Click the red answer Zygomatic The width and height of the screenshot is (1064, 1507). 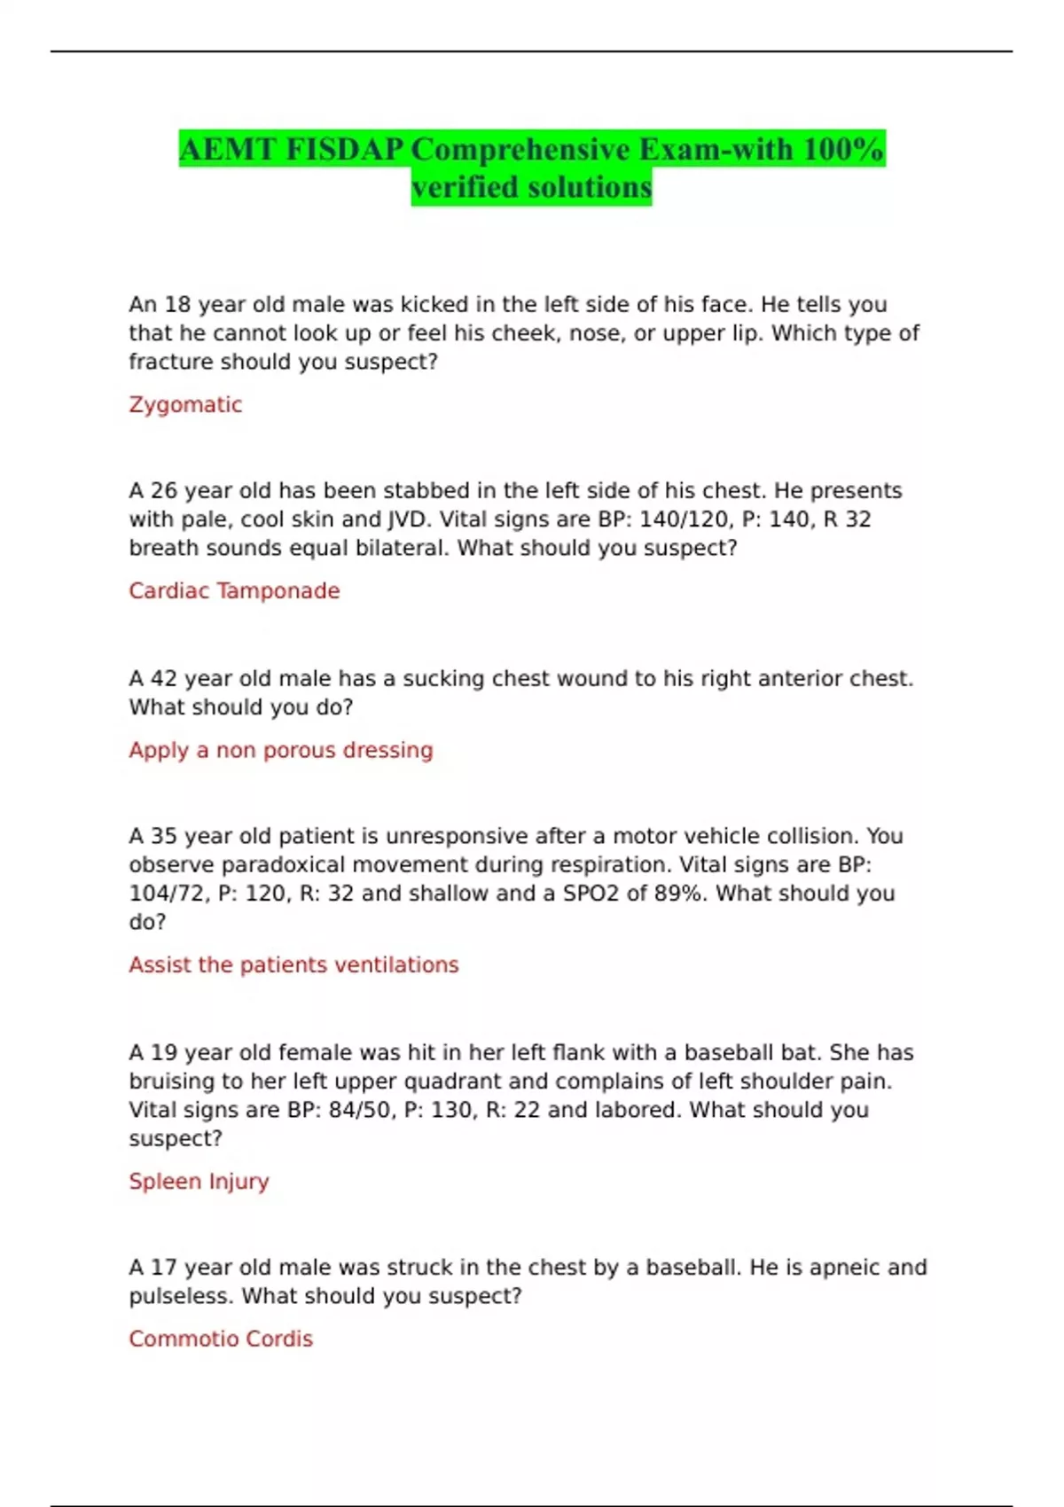[185, 405]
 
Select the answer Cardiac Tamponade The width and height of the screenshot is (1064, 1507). [234, 591]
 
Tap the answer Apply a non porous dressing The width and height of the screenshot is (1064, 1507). [281, 751]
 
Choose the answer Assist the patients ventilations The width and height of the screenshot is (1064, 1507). [293, 965]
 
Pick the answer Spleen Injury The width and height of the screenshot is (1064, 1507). [199, 1182]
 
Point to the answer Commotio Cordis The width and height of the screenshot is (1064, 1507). [221, 1339]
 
